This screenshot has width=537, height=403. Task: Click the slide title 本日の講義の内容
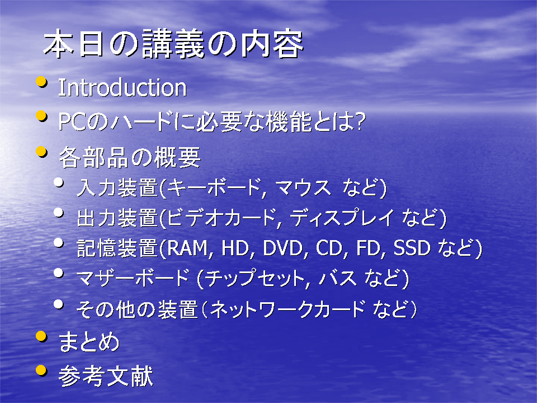click(x=173, y=44)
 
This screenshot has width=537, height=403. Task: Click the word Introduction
click(x=123, y=88)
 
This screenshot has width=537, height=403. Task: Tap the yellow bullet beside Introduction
click(x=41, y=82)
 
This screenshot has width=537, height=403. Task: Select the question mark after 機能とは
click(x=359, y=121)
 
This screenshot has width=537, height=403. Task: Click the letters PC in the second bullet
click(x=72, y=121)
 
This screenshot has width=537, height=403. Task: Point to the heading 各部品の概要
click(x=129, y=157)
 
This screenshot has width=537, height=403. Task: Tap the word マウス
click(x=303, y=188)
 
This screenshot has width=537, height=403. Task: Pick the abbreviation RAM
click(x=187, y=248)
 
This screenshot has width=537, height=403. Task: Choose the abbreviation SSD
click(x=412, y=248)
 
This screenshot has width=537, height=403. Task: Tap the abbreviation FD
click(x=368, y=248)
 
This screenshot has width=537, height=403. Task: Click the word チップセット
click(x=255, y=278)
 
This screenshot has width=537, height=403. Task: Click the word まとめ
click(x=89, y=341)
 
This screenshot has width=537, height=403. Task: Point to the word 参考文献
click(x=106, y=376)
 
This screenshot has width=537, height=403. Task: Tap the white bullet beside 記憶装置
click(x=59, y=243)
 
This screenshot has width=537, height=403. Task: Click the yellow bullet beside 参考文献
click(x=41, y=371)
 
